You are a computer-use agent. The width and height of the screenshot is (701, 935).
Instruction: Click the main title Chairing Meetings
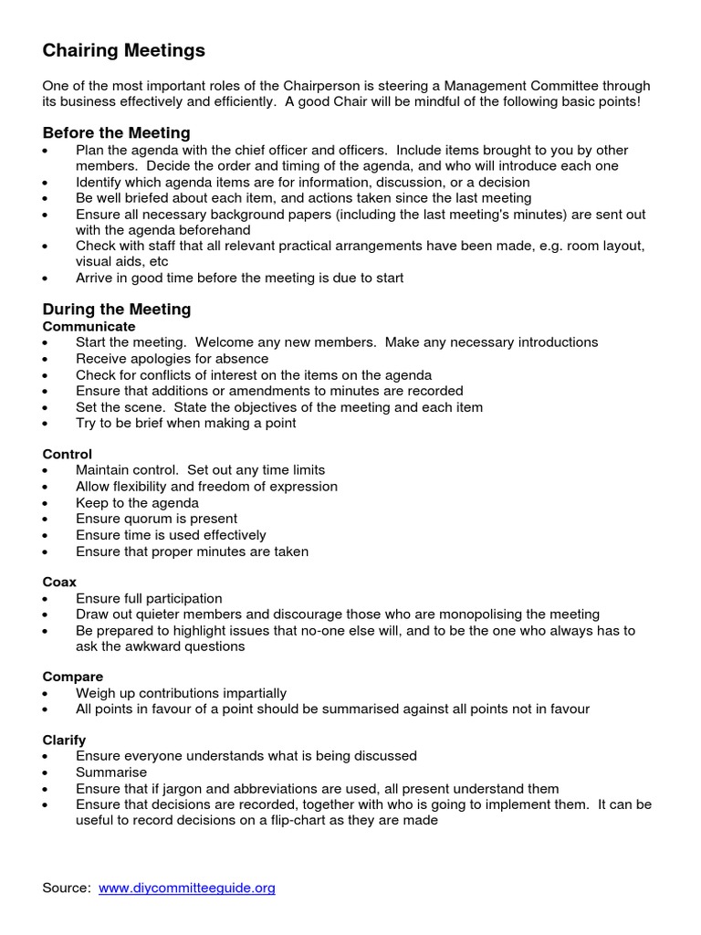tap(123, 49)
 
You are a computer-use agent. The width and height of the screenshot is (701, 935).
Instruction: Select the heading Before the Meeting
tap(116, 133)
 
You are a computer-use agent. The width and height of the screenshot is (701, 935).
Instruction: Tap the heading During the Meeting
tap(117, 309)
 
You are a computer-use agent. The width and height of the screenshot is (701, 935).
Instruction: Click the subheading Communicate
tap(89, 326)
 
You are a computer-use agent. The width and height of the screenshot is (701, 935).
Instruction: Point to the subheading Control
tap(68, 454)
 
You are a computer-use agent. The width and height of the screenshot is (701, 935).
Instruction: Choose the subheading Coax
tap(59, 582)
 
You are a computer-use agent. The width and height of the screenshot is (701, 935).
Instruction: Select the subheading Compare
tap(72, 677)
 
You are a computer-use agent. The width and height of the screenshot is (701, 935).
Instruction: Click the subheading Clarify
tap(64, 740)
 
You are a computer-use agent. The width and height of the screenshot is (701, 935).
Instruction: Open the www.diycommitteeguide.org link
tap(186, 888)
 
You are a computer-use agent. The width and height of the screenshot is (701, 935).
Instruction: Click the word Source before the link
tap(66, 888)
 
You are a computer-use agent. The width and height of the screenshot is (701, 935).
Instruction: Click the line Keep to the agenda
tap(137, 503)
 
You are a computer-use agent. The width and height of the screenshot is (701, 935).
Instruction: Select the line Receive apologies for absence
tap(172, 359)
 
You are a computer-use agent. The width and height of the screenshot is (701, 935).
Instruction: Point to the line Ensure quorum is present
tap(156, 519)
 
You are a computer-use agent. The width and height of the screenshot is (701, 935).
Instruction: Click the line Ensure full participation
tap(149, 598)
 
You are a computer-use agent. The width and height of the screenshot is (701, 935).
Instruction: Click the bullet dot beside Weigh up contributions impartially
tap(47, 693)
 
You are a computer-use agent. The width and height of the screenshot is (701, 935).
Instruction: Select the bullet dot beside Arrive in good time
tap(47, 278)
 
